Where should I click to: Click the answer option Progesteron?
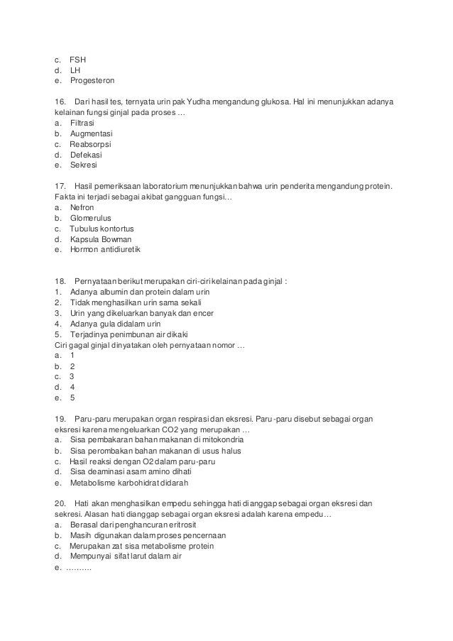click(x=92, y=80)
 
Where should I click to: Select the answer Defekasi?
click(x=86, y=154)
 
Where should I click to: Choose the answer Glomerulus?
click(x=91, y=218)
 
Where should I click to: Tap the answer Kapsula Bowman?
click(x=101, y=239)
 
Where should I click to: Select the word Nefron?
click(x=82, y=207)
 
